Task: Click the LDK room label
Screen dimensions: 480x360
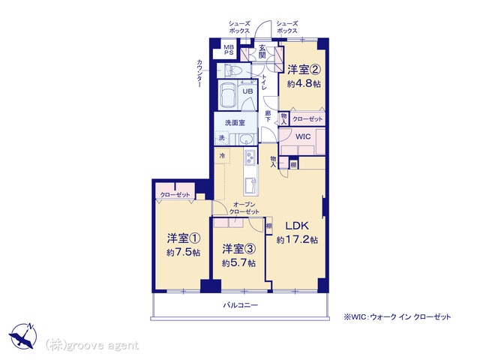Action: [297, 226]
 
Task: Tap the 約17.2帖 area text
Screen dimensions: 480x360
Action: [297, 239]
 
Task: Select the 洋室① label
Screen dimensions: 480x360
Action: [184, 238]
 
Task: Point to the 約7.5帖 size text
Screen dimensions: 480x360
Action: [184, 252]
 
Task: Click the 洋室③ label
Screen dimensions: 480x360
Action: [238, 249]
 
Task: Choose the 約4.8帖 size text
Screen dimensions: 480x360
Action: [304, 83]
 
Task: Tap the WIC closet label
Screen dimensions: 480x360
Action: [303, 136]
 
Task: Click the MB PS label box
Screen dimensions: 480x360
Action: [228, 49]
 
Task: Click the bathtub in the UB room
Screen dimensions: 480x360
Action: [227, 95]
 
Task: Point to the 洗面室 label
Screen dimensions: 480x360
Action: [235, 123]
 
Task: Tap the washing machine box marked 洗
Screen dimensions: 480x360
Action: [222, 138]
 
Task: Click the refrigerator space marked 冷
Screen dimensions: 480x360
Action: [223, 156]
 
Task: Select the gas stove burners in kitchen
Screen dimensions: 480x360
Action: [250, 157]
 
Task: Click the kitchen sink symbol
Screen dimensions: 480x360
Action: [250, 185]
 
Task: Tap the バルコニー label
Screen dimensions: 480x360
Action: [240, 305]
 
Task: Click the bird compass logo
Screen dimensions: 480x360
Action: [23, 335]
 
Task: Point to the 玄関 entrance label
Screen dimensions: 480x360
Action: [262, 52]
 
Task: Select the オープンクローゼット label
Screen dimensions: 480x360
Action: [244, 208]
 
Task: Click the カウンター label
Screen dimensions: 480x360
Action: [199, 73]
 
